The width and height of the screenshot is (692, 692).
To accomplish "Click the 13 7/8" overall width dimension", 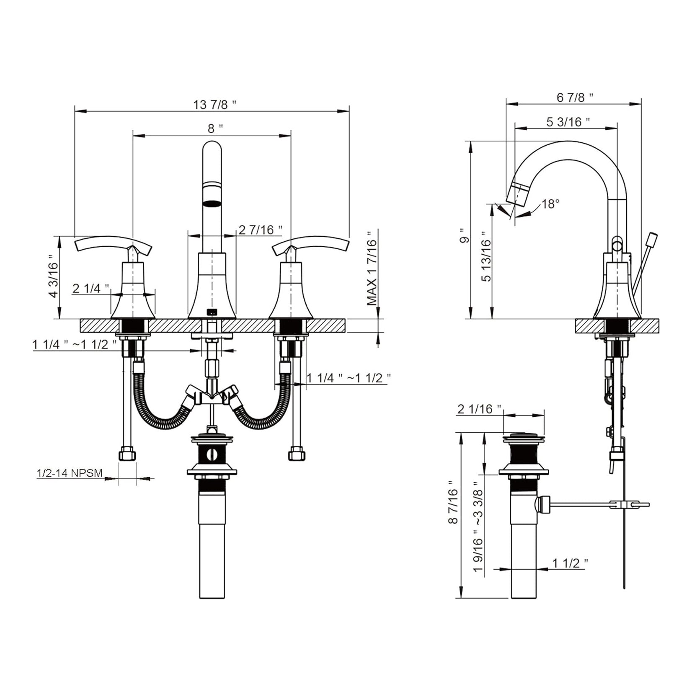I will pos(215,104).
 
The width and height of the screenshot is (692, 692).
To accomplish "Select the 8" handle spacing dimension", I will pos(215,129).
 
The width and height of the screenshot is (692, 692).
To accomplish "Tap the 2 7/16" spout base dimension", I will pos(260,230).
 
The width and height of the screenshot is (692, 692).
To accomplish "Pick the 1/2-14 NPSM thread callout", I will pos(70,473).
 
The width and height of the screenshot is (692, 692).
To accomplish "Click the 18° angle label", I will pos(550,204).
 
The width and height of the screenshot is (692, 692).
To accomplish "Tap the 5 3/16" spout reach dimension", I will pos(568,122).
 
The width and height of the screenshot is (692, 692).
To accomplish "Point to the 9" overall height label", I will pos(462,236).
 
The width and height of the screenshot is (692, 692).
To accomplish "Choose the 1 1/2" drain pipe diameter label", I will pos(570,563).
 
